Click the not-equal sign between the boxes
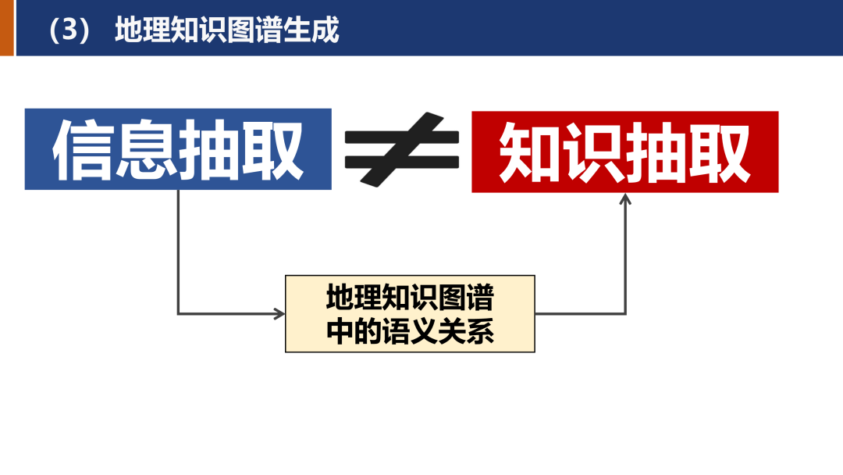tap(402, 151)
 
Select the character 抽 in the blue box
tap(210, 150)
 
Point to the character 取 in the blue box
tap(272, 150)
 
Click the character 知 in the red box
tap(531, 152)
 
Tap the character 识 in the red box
tap(593, 152)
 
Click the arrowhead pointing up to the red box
tap(625, 200)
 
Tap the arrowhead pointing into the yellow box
tap(279, 314)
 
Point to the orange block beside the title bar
tap(7, 27)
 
